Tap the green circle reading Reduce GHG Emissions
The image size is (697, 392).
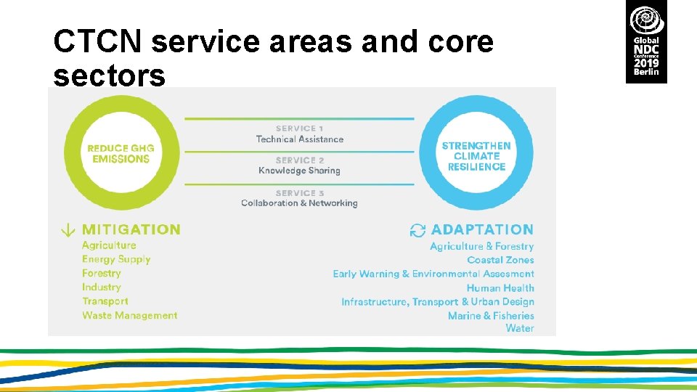pos(121,153)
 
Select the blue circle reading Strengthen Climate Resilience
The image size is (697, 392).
pos(476,155)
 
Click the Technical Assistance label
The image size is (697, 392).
pos(299,139)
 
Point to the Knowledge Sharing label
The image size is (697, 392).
pos(299,171)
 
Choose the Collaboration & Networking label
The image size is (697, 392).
pos(299,203)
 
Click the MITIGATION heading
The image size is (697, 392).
pos(131,229)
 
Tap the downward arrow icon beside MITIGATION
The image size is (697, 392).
pos(67,230)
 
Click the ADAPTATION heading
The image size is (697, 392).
pos(482,229)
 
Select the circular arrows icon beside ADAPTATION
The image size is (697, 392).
pos(417,230)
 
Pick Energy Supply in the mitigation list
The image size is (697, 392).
pos(116,259)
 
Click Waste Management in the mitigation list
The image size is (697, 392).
pos(129,315)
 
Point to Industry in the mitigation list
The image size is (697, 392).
pos(101,287)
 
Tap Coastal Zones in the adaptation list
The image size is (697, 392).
pos(500,260)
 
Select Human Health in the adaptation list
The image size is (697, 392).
pos(500,288)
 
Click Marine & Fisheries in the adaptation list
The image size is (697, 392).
pos(491,316)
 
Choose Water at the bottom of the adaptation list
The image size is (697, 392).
pos(520,328)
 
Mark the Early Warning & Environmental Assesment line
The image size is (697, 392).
pos(433,274)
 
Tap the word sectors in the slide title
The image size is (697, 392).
pos(109,75)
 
